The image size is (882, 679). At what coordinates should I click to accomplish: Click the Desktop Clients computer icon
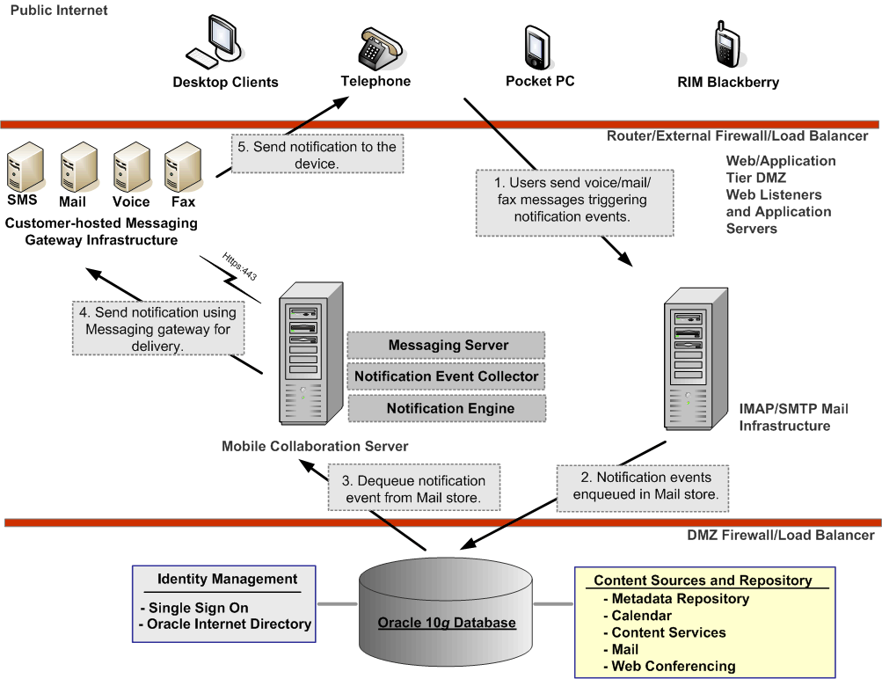(212, 44)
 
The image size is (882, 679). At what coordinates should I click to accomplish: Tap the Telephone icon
(375, 44)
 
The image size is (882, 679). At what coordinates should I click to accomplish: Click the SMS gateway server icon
(21, 169)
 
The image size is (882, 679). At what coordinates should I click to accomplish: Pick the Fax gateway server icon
(182, 169)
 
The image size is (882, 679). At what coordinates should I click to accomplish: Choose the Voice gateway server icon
(130, 169)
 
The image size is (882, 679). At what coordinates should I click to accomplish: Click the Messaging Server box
(448, 346)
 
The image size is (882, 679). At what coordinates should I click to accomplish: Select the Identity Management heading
(227, 579)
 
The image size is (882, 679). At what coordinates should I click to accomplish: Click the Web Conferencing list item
(674, 666)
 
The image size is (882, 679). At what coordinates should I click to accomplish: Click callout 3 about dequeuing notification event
(413, 489)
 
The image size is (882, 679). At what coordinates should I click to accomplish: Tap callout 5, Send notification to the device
(317, 155)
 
